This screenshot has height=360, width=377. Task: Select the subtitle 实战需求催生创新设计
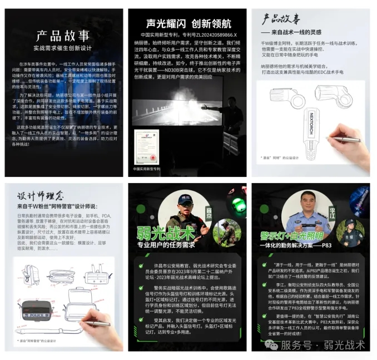point(63,49)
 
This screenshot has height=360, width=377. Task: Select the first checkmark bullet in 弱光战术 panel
point(141,266)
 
